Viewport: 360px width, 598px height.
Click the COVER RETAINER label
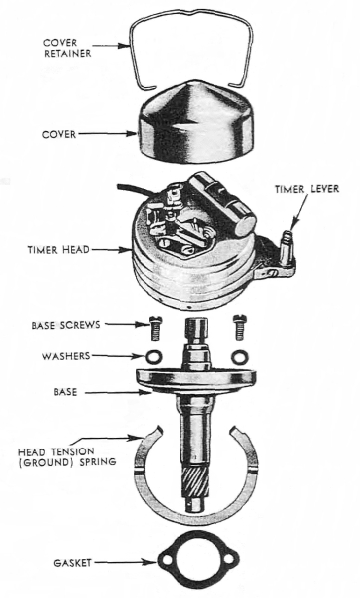point(68,48)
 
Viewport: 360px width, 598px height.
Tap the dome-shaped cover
point(195,125)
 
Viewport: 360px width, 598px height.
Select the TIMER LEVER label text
point(306,189)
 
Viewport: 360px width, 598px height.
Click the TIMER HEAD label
point(59,250)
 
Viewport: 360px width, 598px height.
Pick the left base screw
point(154,327)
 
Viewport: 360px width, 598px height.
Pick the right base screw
point(238,327)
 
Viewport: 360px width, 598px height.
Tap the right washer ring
point(239,357)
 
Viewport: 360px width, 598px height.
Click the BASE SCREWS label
point(66,325)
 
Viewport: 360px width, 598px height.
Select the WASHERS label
point(66,356)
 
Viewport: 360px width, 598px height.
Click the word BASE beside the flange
point(65,392)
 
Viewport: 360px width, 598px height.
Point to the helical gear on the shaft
point(195,483)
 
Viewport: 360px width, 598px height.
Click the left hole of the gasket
point(168,560)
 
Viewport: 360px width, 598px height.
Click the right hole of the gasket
point(229,559)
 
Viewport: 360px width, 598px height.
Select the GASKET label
point(72,563)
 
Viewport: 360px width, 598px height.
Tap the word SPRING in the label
point(97,461)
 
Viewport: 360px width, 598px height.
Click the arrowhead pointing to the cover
point(133,134)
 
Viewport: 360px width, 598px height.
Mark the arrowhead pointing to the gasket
point(153,562)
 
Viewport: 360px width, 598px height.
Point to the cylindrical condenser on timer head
point(221,204)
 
